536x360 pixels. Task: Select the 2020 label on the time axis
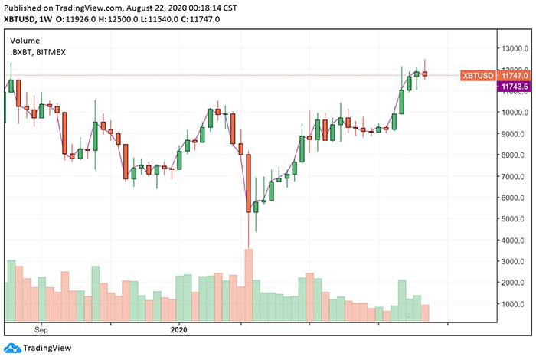(x=177, y=330)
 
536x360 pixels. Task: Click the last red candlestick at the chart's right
(x=425, y=74)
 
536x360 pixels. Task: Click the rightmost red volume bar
(x=425, y=313)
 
